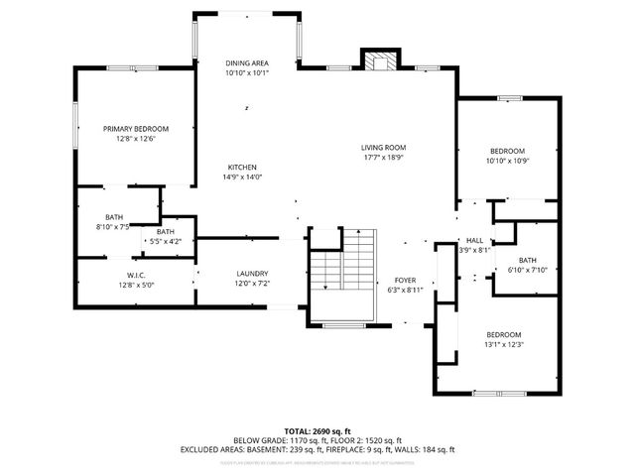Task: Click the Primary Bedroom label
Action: (x=136, y=128)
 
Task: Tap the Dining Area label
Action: (x=246, y=62)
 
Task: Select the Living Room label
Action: (x=383, y=147)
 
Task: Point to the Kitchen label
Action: (x=243, y=167)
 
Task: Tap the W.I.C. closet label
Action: (x=136, y=275)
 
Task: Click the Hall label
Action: (x=474, y=241)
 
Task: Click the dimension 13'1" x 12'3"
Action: (x=503, y=344)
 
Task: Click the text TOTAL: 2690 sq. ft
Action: (x=317, y=430)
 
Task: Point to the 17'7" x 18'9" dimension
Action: (x=383, y=157)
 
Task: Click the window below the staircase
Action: (x=342, y=325)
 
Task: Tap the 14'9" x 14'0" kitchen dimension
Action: (x=243, y=177)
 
